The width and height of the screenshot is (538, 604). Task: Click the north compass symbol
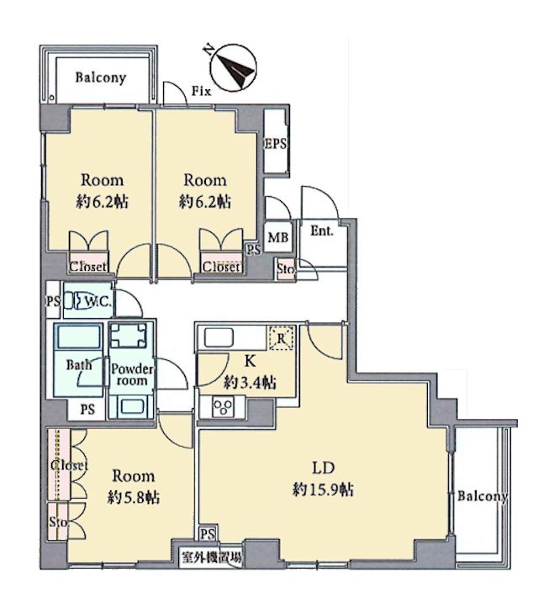pyautogui.click(x=234, y=68)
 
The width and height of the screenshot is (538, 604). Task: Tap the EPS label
pyautogui.click(x=276, y=144)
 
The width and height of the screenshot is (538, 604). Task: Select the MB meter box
pyautogui.click(x=278, y=237)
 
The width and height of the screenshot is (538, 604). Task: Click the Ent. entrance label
pyautogui.click(x=322, y=231)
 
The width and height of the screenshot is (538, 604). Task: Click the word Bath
pyautogui.click(x=79, y=364)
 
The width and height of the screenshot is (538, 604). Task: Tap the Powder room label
pyautogui.click(x=132, y=375)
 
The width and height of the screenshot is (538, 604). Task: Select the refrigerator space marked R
pyautogui.click(x=282, y=339)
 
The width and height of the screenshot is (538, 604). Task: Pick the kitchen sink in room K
pyautogui.click(x=219, y=338)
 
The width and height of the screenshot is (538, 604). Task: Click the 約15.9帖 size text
pyautogui.click(x=324, y=490)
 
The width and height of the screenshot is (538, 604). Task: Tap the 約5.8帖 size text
pyautogui.click(x=134, y=498)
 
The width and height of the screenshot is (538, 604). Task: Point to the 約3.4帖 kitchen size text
pyautogui.click(x=251, y=383)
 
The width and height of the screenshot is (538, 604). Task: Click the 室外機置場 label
pyautogui.click(x=212, y=557)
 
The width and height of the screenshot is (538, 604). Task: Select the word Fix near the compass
pyautogui.click(x=202, y=92)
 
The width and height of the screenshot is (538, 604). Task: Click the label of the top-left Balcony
pyautogui.click(x=100, y=77)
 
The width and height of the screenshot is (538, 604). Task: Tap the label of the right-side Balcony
pyautogui.click(x=483, y=496)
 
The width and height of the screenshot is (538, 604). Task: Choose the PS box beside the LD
pyautogui.click(x=208, y=534)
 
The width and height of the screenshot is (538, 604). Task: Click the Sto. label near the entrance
pyautogui.click(x=286, y=269)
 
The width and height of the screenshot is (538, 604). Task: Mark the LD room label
pyautogui.click(x=324, y=468)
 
